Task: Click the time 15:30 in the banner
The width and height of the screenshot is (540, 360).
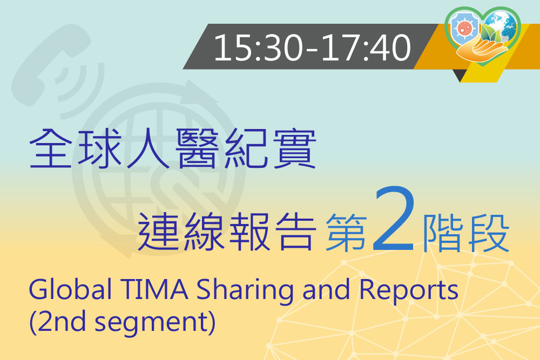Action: click(258, 47)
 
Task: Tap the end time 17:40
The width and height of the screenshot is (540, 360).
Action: click(366, 47)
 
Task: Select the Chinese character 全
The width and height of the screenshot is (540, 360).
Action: click(50, 148)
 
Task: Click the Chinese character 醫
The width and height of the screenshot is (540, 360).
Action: click(197, 148)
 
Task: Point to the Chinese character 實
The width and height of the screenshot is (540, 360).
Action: click(295, 148)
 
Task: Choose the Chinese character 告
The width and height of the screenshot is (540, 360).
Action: click(295, 232)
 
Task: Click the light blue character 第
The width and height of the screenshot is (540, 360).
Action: click(346, 233)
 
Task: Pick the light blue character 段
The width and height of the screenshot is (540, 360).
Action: click(489, 233)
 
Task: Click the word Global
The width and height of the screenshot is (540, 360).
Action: click(70, 290)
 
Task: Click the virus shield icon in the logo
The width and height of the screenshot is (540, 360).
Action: click(464, 29)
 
